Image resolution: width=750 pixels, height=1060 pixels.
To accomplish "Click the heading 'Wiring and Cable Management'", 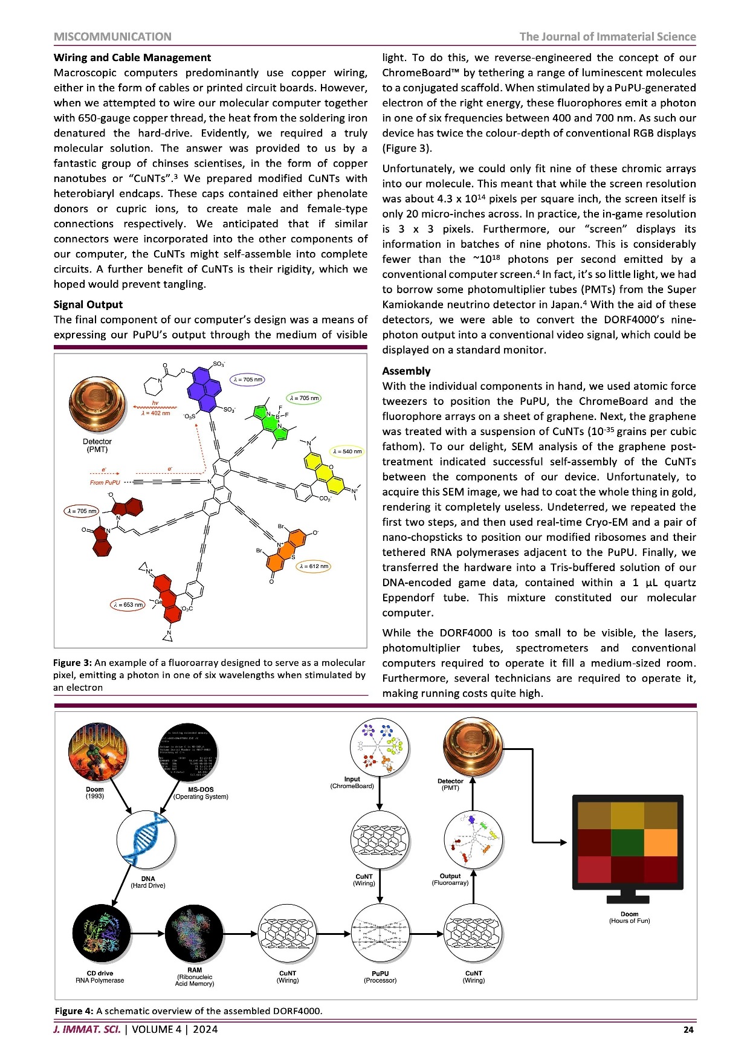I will point(132,58).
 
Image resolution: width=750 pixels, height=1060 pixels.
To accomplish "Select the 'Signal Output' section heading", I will point(88,305).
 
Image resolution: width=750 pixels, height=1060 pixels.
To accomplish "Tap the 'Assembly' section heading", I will point(406,371).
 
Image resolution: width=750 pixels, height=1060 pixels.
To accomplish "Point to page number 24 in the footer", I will point(688,1030).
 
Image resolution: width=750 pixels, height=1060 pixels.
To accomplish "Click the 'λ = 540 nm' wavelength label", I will point(347,451).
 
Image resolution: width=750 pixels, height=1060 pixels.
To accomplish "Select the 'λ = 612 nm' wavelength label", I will point(314,566).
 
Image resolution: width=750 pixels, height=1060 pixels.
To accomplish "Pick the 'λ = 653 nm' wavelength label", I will point(128,604).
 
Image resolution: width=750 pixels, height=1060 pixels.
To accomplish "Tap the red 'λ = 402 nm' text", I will point(155,413).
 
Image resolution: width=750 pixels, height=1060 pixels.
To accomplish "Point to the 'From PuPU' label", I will point(105,482).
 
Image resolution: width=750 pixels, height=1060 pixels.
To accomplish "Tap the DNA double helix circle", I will point(146,840).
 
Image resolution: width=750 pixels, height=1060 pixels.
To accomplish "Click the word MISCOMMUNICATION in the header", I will point(112,37).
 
